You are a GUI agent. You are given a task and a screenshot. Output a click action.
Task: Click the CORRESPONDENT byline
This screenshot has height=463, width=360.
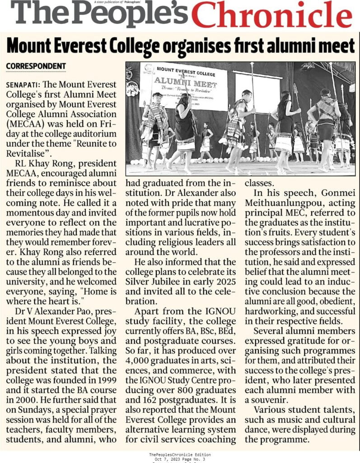pyautogui.click(x=36, y=66)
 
